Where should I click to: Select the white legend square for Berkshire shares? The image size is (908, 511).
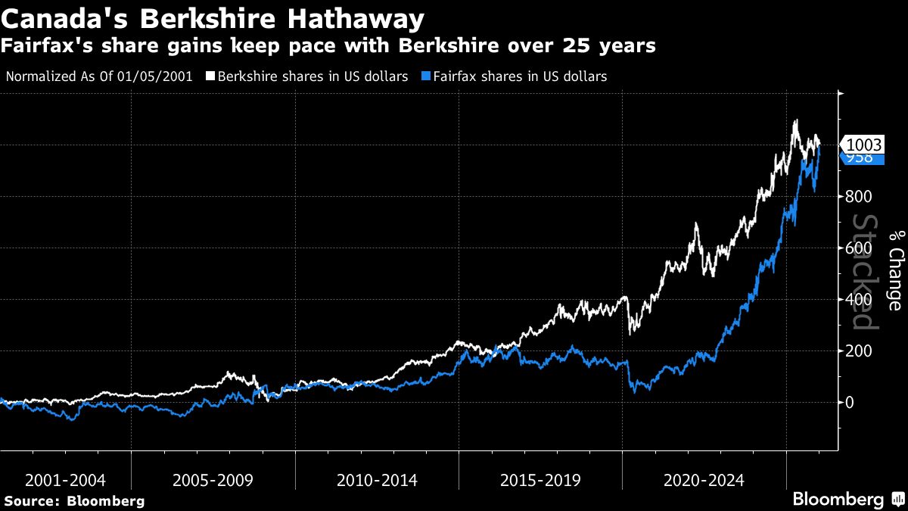(210, 76)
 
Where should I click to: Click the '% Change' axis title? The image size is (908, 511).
(895, 270)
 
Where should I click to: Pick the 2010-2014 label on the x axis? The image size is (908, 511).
(376, 481)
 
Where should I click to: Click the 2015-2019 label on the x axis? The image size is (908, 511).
(540, 481)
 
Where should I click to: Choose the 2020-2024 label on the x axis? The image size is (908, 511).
(703, 481)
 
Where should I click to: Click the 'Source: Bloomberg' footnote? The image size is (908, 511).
(74, 500)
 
